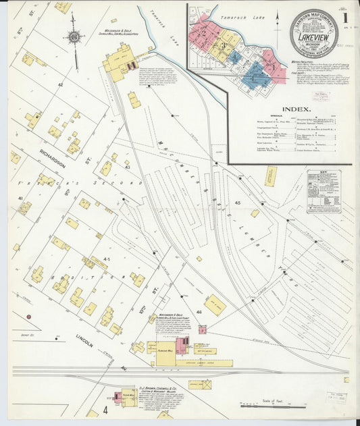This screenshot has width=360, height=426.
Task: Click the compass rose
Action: (74, 37)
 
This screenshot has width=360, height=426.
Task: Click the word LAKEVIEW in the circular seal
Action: (313, 37)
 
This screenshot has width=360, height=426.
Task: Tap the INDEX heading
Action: (296, 109)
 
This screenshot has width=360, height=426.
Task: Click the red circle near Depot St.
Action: (29, 316)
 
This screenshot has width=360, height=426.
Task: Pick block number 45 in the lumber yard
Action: (237, 203)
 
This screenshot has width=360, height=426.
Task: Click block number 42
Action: (60, 85)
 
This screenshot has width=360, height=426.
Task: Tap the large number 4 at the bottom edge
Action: (105, 410)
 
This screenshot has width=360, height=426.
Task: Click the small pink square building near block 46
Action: (202, 329)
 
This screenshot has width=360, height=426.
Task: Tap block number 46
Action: (199, 312)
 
